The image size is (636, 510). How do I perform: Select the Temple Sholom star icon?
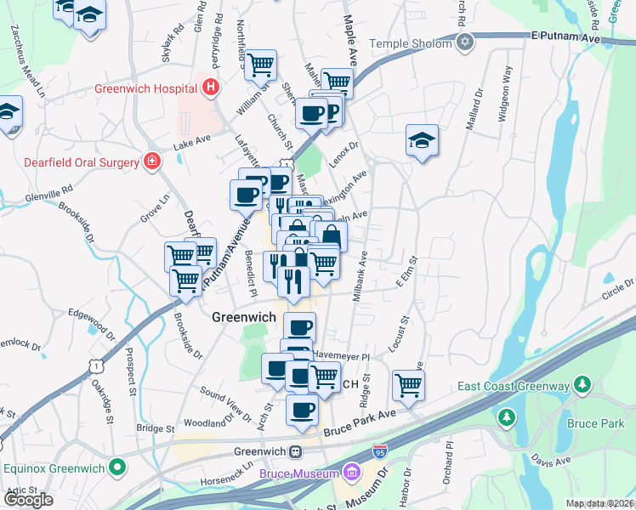[464, 42]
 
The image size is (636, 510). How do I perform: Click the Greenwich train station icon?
[296, 451]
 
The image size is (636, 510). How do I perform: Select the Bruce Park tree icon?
[507, 417]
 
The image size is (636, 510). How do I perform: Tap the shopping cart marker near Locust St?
[408, 384]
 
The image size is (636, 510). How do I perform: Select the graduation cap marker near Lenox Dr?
[422, 140]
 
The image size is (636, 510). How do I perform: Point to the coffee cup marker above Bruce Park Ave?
[302, 410]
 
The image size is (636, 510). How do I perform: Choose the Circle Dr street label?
[617, 288]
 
